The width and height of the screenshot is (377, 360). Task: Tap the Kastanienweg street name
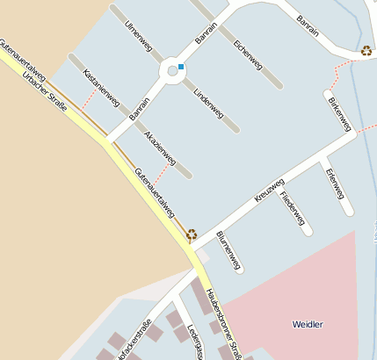tap(100, 88)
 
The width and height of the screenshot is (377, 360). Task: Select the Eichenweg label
tap(248, 54)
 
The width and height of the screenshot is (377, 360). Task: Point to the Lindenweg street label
tap(208, 103)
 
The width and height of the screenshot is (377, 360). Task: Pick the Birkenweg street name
tap(340, 114)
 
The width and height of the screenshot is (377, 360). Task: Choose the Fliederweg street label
tap(293, 207)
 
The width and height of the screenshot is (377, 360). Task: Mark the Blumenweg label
tap(228, 249)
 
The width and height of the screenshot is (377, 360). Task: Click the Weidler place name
tap(308, 324)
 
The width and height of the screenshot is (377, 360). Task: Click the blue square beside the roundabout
tap(181, 67)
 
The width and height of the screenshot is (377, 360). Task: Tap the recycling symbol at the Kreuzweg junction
tap(192, 234)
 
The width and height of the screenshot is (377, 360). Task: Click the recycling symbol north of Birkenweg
tap(366, 51)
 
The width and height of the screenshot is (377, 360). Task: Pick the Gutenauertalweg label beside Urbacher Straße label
tap(23, 62)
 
